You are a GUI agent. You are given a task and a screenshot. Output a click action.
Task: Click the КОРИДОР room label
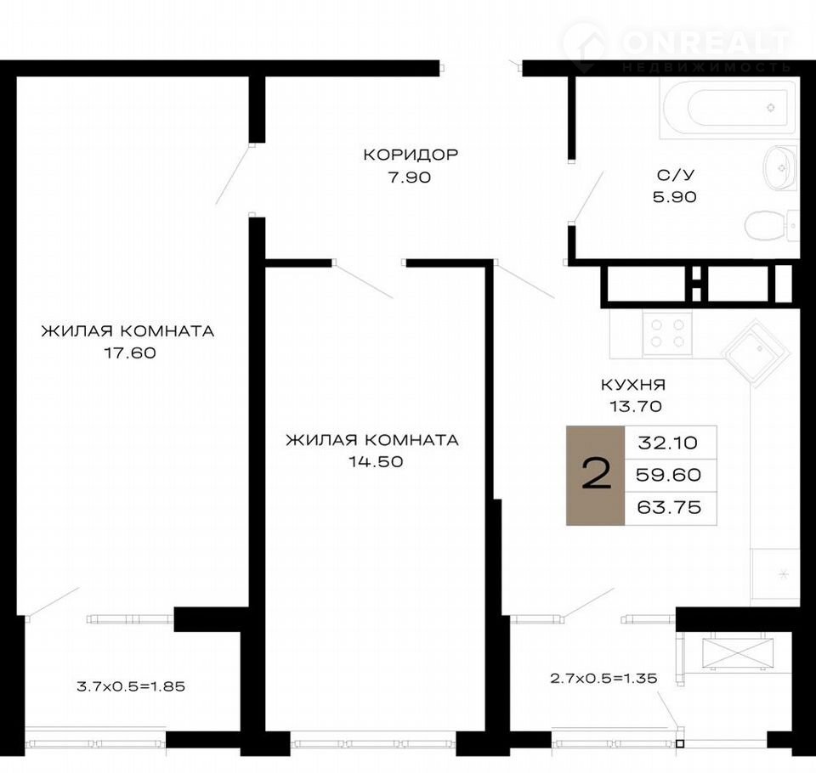[x=411, y=155]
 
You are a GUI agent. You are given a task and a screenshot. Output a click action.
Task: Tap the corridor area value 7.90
[x=410, y=178]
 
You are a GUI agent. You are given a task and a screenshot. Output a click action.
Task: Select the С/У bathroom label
[x=676, y=175]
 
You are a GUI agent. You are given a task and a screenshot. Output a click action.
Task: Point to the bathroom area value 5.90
[x=675, y=197]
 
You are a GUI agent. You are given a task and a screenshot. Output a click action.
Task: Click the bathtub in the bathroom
[x=728, y=109]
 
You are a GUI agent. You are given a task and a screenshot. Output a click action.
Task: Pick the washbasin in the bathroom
[x=780, y=167]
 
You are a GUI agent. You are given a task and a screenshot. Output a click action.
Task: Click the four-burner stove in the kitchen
[x=668, y=334]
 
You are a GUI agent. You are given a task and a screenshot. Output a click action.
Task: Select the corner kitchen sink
[x=756, y=353]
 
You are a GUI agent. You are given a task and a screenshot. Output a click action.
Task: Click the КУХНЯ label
[x=633, y=385]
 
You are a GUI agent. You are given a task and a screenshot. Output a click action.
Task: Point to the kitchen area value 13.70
[x=636, y=406]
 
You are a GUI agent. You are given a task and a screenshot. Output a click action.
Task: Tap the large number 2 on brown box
[x=597, y=475]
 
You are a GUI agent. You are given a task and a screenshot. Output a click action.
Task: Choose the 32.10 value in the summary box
[x=668, y=443]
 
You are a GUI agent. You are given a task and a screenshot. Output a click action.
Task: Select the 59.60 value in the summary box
[x=669, y=475]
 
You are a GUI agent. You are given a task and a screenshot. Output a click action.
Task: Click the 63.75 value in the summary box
[x=669, y=507]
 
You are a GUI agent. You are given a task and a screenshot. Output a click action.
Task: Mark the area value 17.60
[x=130, y=353]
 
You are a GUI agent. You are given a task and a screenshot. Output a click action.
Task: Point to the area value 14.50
[x=377, y=462]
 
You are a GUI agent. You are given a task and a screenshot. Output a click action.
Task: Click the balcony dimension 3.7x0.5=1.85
[x=131, y=686]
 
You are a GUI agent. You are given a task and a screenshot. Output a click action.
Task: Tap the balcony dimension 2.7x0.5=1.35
[x=603, y=679]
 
